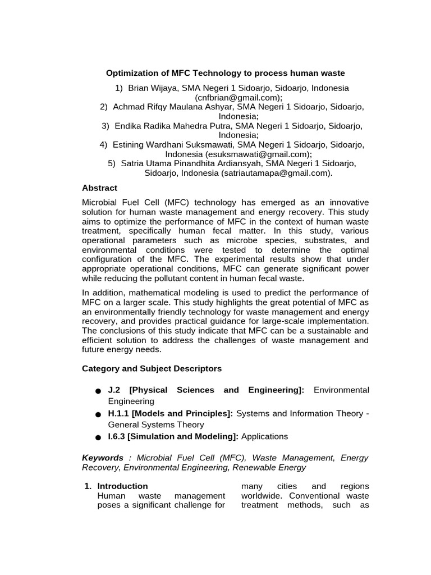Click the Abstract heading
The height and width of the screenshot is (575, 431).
99,188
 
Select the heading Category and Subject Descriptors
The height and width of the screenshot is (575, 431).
152,368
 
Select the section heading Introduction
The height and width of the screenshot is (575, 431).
122,486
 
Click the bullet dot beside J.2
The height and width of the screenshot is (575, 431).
98,391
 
